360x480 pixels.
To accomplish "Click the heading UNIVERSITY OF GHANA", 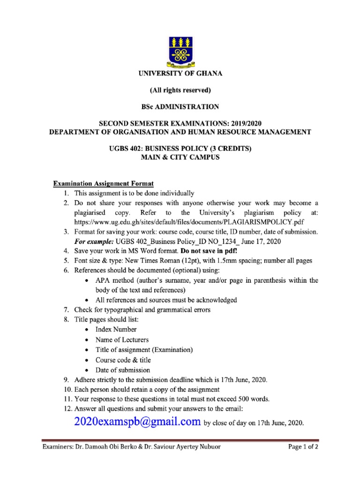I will (x=180, y=74).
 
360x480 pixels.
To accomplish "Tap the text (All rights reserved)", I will (x=180, y=90).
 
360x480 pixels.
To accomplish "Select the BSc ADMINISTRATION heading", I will (x=180, y=107).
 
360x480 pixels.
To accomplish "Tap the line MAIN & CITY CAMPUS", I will (x=180, y=157).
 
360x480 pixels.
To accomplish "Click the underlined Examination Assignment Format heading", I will (x=103, y=183).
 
